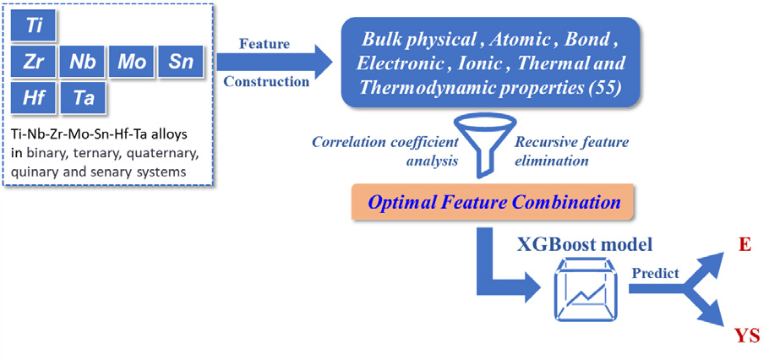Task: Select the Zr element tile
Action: [33, 63]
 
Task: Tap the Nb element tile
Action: [82, 63]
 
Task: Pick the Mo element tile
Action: [132, 63]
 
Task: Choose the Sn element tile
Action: [181, 63]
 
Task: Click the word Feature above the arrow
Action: [265, 44]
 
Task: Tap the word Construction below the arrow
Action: [266, 81]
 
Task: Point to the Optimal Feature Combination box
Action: [493, 202]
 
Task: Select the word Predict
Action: [655, 274]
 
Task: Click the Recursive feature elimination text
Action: [571, 151]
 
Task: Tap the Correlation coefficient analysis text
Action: [385, 151]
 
